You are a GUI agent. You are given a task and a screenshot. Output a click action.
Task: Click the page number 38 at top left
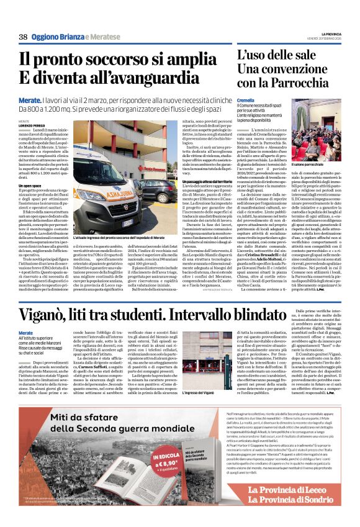[x=23, y=37]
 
